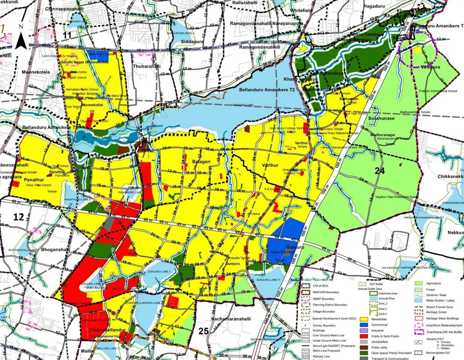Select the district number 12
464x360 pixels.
19,217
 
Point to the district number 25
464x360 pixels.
204,331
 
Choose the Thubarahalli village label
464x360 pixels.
147,66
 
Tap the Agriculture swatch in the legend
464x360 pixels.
419,284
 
